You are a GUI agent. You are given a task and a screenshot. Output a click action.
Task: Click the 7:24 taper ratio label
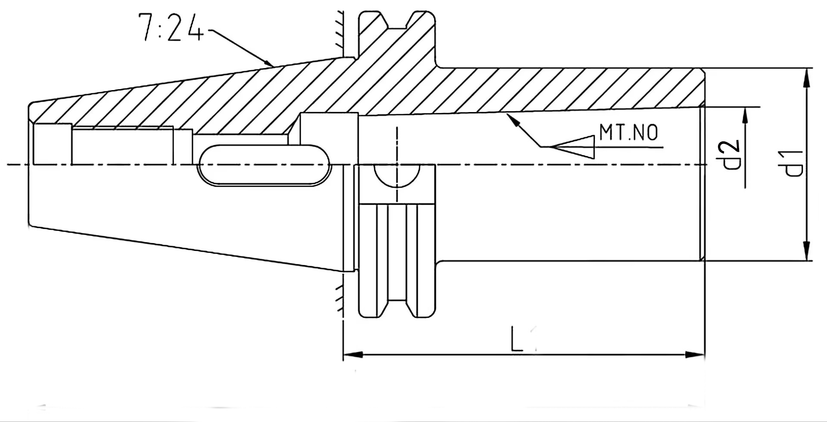[171, 28]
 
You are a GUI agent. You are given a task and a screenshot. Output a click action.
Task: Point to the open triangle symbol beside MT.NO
[573, 147]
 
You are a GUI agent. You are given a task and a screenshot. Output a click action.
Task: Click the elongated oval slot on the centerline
[264, 166]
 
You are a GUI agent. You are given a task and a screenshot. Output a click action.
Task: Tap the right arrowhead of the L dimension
[695, 355]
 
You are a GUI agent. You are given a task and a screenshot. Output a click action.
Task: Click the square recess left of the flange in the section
[329, 128]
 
